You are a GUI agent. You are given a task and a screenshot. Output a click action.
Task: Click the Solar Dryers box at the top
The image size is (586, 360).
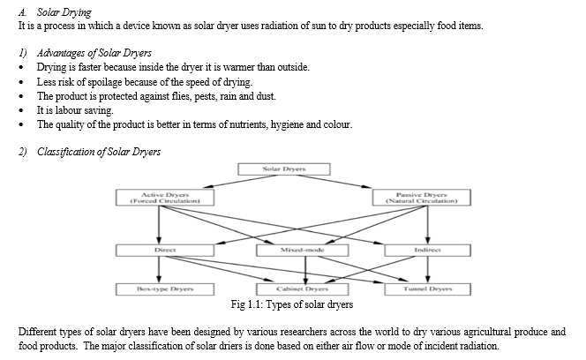284,168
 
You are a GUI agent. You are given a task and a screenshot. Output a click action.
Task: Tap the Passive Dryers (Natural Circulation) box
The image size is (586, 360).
427,198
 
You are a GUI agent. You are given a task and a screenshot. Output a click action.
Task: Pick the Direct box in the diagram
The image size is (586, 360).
159,250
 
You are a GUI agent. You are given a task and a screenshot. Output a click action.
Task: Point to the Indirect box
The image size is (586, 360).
427,250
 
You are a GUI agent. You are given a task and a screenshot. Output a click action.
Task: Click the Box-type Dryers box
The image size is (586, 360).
159,288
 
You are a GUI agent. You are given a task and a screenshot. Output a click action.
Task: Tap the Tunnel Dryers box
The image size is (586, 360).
427,288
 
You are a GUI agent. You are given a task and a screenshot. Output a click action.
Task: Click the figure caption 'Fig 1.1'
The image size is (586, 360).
292,304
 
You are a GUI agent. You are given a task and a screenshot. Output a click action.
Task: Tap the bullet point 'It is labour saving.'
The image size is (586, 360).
75,109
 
